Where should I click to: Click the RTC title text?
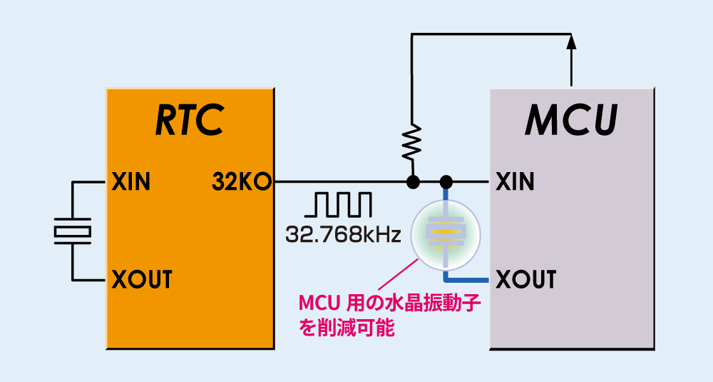click(190, 121)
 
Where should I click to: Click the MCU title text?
click(571, 121)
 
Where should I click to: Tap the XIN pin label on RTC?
click(131, 183)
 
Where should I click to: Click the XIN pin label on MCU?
click(515, 183)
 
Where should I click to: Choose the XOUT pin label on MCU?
click(525, 278)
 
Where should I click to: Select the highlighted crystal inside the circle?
click(446, 232)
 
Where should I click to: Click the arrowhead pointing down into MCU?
click(572, 44)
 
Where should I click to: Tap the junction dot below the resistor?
click(411, 183)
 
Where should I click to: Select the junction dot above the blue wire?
click(446, 183)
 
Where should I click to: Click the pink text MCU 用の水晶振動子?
click(389, 303)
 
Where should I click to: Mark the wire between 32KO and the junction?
click(335, 183)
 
